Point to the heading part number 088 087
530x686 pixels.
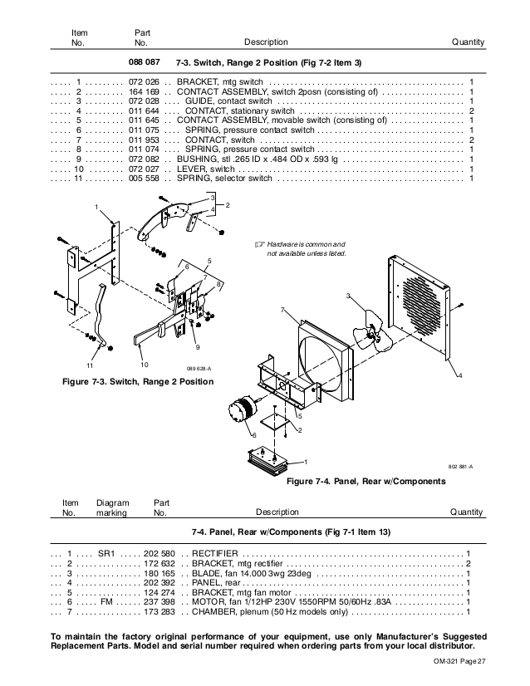142,62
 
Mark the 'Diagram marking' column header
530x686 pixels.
112,507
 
